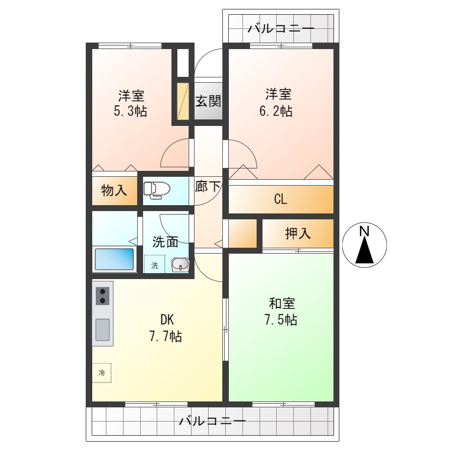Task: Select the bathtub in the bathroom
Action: (115, 259)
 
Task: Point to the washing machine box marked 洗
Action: (155, 265)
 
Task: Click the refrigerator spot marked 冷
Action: (102, 372)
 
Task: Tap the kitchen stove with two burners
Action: (103, 296)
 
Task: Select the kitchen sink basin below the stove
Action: (103, 329)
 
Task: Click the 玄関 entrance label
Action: (208, 101)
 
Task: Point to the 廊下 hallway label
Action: (208, 186)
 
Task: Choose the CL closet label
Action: (280, 199)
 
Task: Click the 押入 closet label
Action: (297, 234)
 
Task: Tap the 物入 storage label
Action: (114, 190)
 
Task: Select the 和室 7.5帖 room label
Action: (281, 312)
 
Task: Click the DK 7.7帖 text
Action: (165, 328)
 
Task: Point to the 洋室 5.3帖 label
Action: (131, 102)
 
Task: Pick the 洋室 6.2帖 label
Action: (278, 102)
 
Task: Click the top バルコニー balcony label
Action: (281, 28)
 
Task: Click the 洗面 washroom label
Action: (166, 241)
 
